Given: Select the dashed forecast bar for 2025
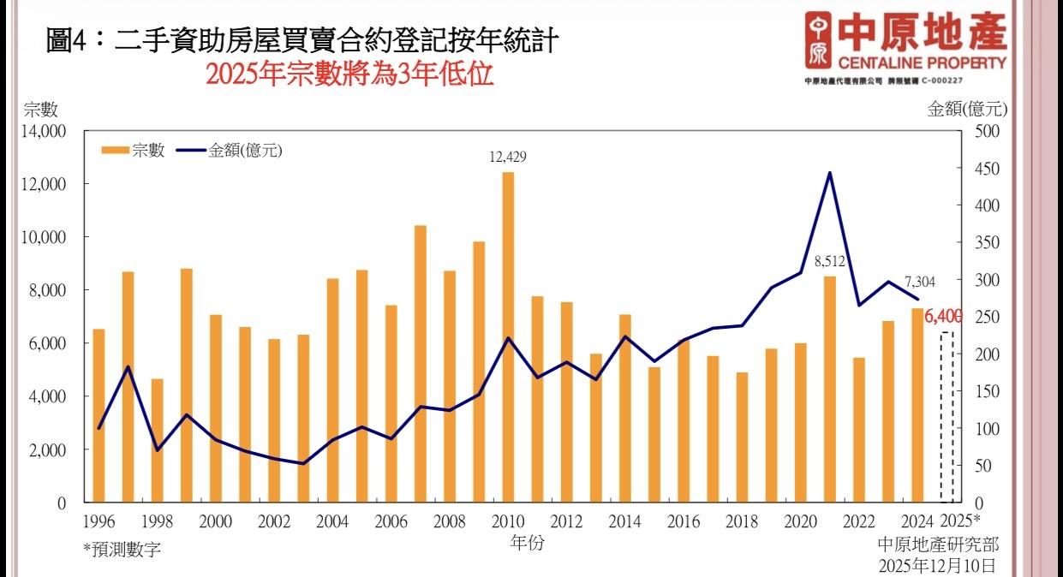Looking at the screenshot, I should [x=947, y=416].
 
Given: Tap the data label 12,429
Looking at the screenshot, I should [x=508, y=157].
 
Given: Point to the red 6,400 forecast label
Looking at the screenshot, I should [x=944, y=317].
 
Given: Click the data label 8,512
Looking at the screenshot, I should [x=829, y=261].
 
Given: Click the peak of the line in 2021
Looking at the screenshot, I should [x=830, y=173].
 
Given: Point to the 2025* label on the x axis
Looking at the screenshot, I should [x=960, y=520].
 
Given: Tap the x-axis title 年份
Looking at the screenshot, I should [x=527, y=542].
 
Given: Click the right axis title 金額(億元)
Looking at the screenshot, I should [x=968, y=109].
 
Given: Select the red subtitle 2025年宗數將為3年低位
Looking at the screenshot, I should [x=349, y=74].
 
